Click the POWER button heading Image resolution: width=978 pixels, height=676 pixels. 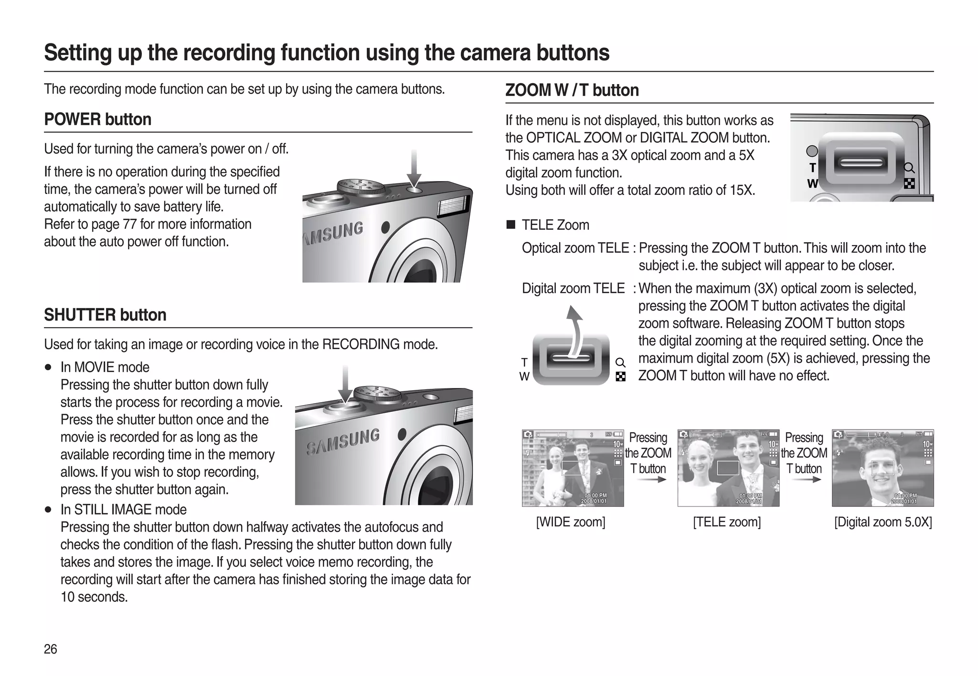(x=97, y=119)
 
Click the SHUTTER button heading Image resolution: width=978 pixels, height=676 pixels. (x=105, y=315)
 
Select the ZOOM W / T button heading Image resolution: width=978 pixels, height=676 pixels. (x=572, y=90)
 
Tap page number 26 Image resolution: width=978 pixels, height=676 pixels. (x=50, y=649)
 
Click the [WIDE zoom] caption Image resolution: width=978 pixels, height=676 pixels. (x=571, y=522)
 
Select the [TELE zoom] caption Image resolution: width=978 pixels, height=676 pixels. (x=727, y=522)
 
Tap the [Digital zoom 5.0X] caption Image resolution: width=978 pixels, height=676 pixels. (x=882, y=522)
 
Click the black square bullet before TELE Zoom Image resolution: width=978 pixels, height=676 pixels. (x=511, y=225)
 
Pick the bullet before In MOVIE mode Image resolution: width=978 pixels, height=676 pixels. (x=48, y=368)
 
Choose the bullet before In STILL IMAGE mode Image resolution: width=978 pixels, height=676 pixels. (x=48, y=510)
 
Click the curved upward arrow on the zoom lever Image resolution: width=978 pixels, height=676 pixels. (x=577, y=330)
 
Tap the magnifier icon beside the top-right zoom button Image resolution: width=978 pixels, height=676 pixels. (x=909, y=168)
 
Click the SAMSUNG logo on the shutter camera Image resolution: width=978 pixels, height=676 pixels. (x=343, y=441)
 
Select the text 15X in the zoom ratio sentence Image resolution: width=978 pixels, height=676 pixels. (x=742, y=190)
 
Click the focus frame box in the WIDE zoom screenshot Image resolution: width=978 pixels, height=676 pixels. (x=573, y=468)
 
